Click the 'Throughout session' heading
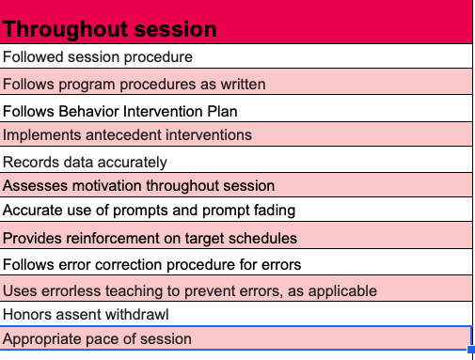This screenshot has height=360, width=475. (110, 29)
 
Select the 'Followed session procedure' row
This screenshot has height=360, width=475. (98, 56)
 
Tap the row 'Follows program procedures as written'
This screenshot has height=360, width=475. (135, 84)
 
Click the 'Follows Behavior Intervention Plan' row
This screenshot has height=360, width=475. (119, 111)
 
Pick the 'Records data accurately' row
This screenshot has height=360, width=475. (85, 162)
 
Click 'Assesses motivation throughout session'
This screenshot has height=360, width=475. (139, 185)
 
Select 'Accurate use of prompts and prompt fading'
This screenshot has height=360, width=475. (149, 210)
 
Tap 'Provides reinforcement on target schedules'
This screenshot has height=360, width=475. (150, 238)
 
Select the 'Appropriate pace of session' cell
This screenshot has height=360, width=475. (97, 338)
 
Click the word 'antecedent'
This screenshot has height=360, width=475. (122, 134)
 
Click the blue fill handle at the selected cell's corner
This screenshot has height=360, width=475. (470, 350)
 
